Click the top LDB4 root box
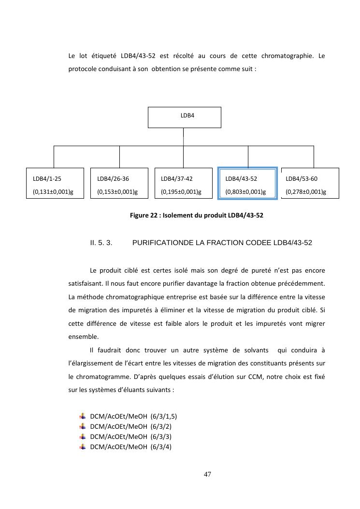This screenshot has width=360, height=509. pos(184,117)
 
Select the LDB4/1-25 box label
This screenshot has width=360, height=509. pos(47,179)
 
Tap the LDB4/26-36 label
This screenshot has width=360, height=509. pos(113,179)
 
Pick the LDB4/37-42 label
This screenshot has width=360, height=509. pos(176,179)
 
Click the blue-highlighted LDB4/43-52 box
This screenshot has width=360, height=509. pos(248,183)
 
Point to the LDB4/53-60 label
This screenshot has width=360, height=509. pos(302,179)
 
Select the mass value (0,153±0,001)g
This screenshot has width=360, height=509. pos(117,192)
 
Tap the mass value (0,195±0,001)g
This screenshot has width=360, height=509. pos(181,192)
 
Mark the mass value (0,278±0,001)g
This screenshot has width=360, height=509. pos(306,192)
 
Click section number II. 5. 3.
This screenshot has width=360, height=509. pos(101,243)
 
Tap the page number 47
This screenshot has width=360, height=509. pos(207,475)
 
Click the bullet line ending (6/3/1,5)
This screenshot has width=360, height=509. pos(130,416)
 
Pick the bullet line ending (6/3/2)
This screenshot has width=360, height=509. pos(130,426)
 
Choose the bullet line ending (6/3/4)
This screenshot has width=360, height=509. pos(130,447)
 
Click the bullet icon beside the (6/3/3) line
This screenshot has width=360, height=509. pos(82,436)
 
